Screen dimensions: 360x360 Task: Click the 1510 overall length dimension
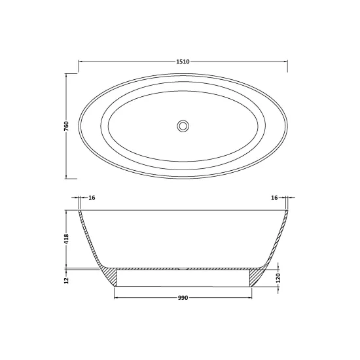[183, 62]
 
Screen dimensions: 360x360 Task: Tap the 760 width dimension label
[66, 126]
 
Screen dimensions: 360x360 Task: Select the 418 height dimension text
[66, 239]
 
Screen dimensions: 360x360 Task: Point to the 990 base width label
[183, 298]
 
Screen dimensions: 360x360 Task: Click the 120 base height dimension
[278, 278]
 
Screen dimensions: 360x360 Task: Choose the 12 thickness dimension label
[66, 280]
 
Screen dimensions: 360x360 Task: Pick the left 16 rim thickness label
[92, 198]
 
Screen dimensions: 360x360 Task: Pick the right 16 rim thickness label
[274, 198]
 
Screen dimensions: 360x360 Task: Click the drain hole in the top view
[183, 126]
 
